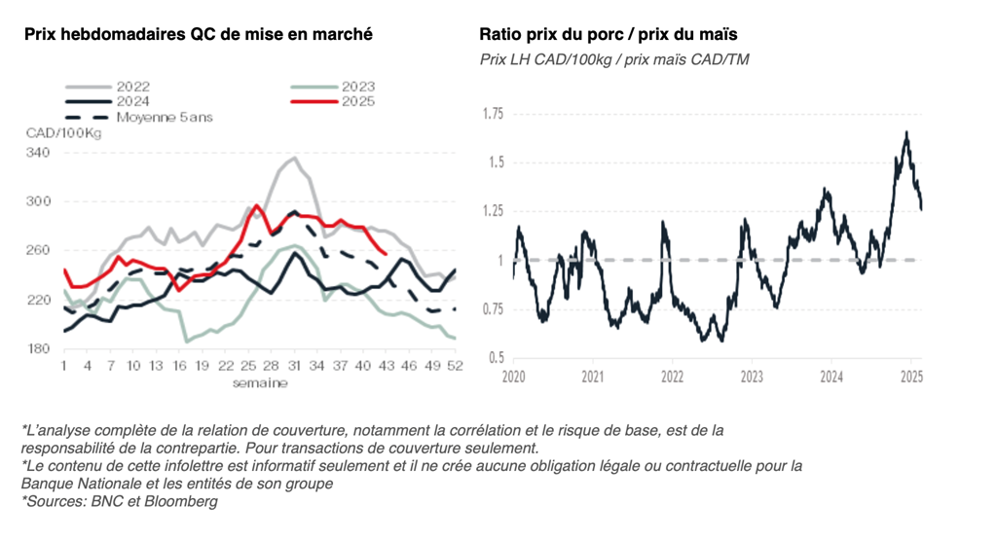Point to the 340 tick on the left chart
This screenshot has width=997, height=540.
point(39,153)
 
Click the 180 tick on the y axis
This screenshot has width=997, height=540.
point(39,348)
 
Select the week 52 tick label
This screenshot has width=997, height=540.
point(453,366)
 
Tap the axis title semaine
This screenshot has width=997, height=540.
point(259,382)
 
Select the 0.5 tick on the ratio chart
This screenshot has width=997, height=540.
point(496,358)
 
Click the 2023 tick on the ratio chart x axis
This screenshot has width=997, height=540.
point(751,376)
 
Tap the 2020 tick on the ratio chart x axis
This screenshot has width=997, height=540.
point(512,376)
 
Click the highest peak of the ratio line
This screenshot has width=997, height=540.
point(906,132)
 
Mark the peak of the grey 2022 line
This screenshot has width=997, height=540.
point(294,157)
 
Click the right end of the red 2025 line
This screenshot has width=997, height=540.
point(387,255)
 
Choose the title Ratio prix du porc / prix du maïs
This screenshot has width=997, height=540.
point(608,35)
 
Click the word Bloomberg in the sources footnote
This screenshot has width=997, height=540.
point(184,502)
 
